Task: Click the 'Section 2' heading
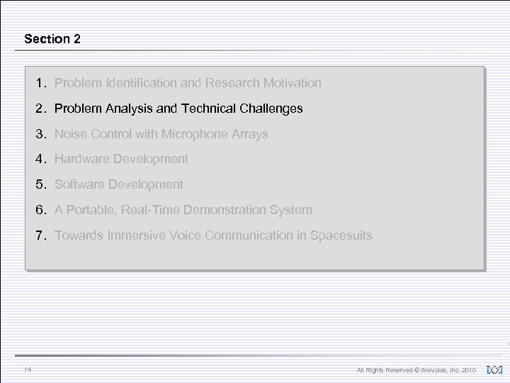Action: tap(52, 39)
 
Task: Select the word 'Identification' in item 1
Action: tap(138, 83)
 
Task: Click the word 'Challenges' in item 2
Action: tap(270, 109)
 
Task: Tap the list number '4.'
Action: tap(41, 159)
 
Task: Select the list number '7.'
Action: tap(41, 235)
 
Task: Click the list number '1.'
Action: tap(41, 83)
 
